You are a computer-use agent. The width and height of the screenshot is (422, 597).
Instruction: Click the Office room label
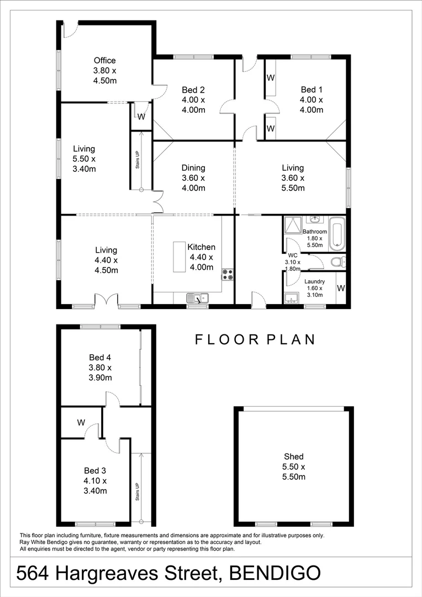point(104,60)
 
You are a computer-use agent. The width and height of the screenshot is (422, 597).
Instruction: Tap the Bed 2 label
point(193,90)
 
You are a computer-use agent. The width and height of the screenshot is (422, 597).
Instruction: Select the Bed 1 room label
point(311,90)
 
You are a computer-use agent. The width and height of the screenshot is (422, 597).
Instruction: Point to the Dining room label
point(193,168)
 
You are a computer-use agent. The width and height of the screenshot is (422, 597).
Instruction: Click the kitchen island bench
point(179,256)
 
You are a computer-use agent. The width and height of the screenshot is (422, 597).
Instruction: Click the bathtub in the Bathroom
point(336,234)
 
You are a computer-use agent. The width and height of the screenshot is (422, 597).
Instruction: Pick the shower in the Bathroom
point(292,226)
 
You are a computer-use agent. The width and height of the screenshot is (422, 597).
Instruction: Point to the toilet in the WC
point(337,261)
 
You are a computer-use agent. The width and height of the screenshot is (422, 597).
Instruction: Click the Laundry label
point(315,281)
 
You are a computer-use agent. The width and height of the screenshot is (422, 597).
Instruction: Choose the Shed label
point(293,457)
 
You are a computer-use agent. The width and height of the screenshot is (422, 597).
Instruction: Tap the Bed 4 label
point(100,357)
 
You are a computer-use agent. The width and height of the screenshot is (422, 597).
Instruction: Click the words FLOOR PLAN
point(255,339)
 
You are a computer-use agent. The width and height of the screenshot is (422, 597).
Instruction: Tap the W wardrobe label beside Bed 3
point(81,423)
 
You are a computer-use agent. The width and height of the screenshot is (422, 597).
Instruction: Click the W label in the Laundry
point(341,288)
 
